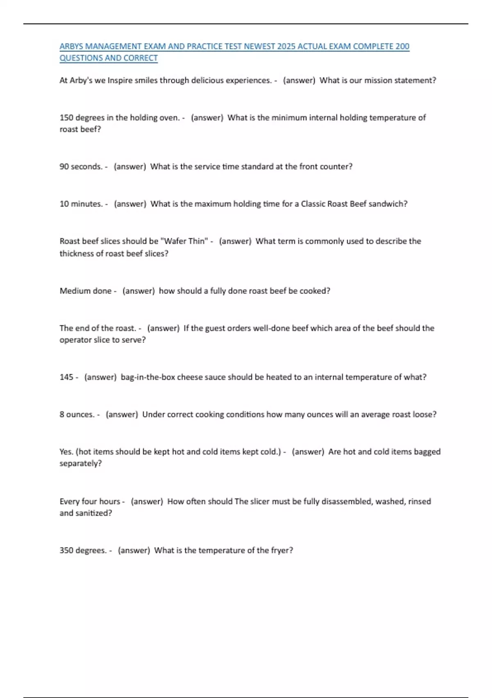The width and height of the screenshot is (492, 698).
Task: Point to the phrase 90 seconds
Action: (x=81, y=167)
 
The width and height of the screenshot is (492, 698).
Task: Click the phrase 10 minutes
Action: (x=81, y=204)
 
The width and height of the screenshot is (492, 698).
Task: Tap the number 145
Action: (x=66, y=377)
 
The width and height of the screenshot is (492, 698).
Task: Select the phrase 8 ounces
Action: (x=77, y=415)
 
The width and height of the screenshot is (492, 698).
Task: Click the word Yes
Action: (x=66, y=452)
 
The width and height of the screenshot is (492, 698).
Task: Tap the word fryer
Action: (x=282, y=551)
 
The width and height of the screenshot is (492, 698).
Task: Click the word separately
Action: (x=80, y=464)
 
